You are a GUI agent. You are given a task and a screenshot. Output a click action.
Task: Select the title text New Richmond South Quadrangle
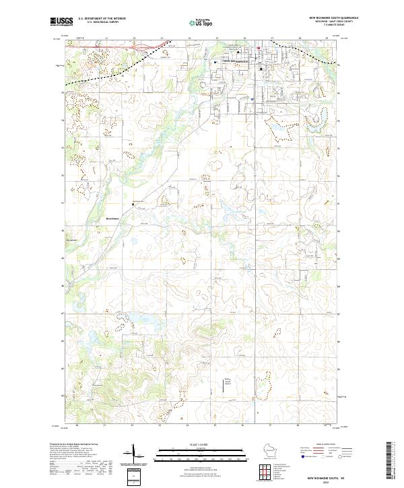tap(333, 18)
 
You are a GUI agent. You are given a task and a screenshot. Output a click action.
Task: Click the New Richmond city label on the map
tap(235, 62)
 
